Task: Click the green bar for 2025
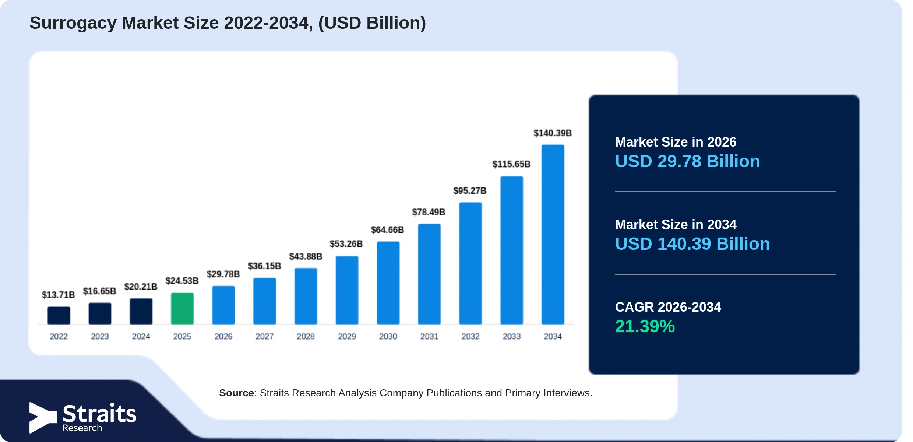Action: tap(182, 308)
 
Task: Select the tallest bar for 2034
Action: tap(553, 234)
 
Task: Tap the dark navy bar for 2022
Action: tap(59, 315)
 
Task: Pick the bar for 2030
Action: tap(388, 283)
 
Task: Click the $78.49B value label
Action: tap(429, 212)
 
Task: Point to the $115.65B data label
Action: tap(511, 164)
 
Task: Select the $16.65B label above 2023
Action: tap(99, 291)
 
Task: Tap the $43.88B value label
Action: tap(306, 256)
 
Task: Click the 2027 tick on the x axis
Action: tap(264, 336)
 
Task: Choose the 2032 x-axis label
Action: tap(470, 336)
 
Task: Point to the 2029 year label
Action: tap(347, 336)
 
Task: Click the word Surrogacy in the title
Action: tap(73, 24)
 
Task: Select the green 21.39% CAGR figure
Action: tap(645, 326)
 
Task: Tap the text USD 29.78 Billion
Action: tap(687, 161)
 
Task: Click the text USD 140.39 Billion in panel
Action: tap(692, 244)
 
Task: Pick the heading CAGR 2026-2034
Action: tap(668, 307)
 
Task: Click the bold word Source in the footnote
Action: tap(236, 393)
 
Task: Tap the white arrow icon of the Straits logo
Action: tap(43, 418)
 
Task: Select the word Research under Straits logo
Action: tap(82, 428)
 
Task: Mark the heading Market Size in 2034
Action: tap(676, 224)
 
